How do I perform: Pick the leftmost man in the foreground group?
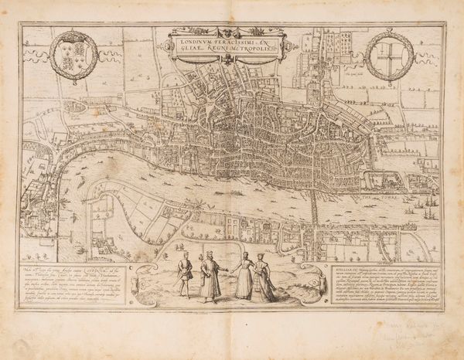point(183,275)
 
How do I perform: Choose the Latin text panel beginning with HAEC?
point(86,281)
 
